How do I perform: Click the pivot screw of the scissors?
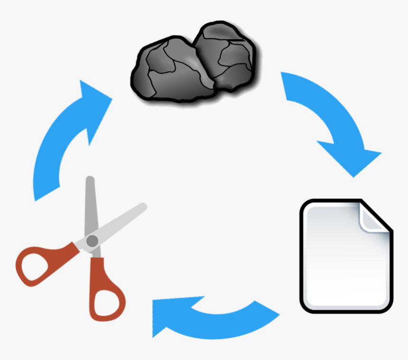click(93, 241)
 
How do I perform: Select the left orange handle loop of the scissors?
click(36, 266)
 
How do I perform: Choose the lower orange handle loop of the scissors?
click(107, 299)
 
